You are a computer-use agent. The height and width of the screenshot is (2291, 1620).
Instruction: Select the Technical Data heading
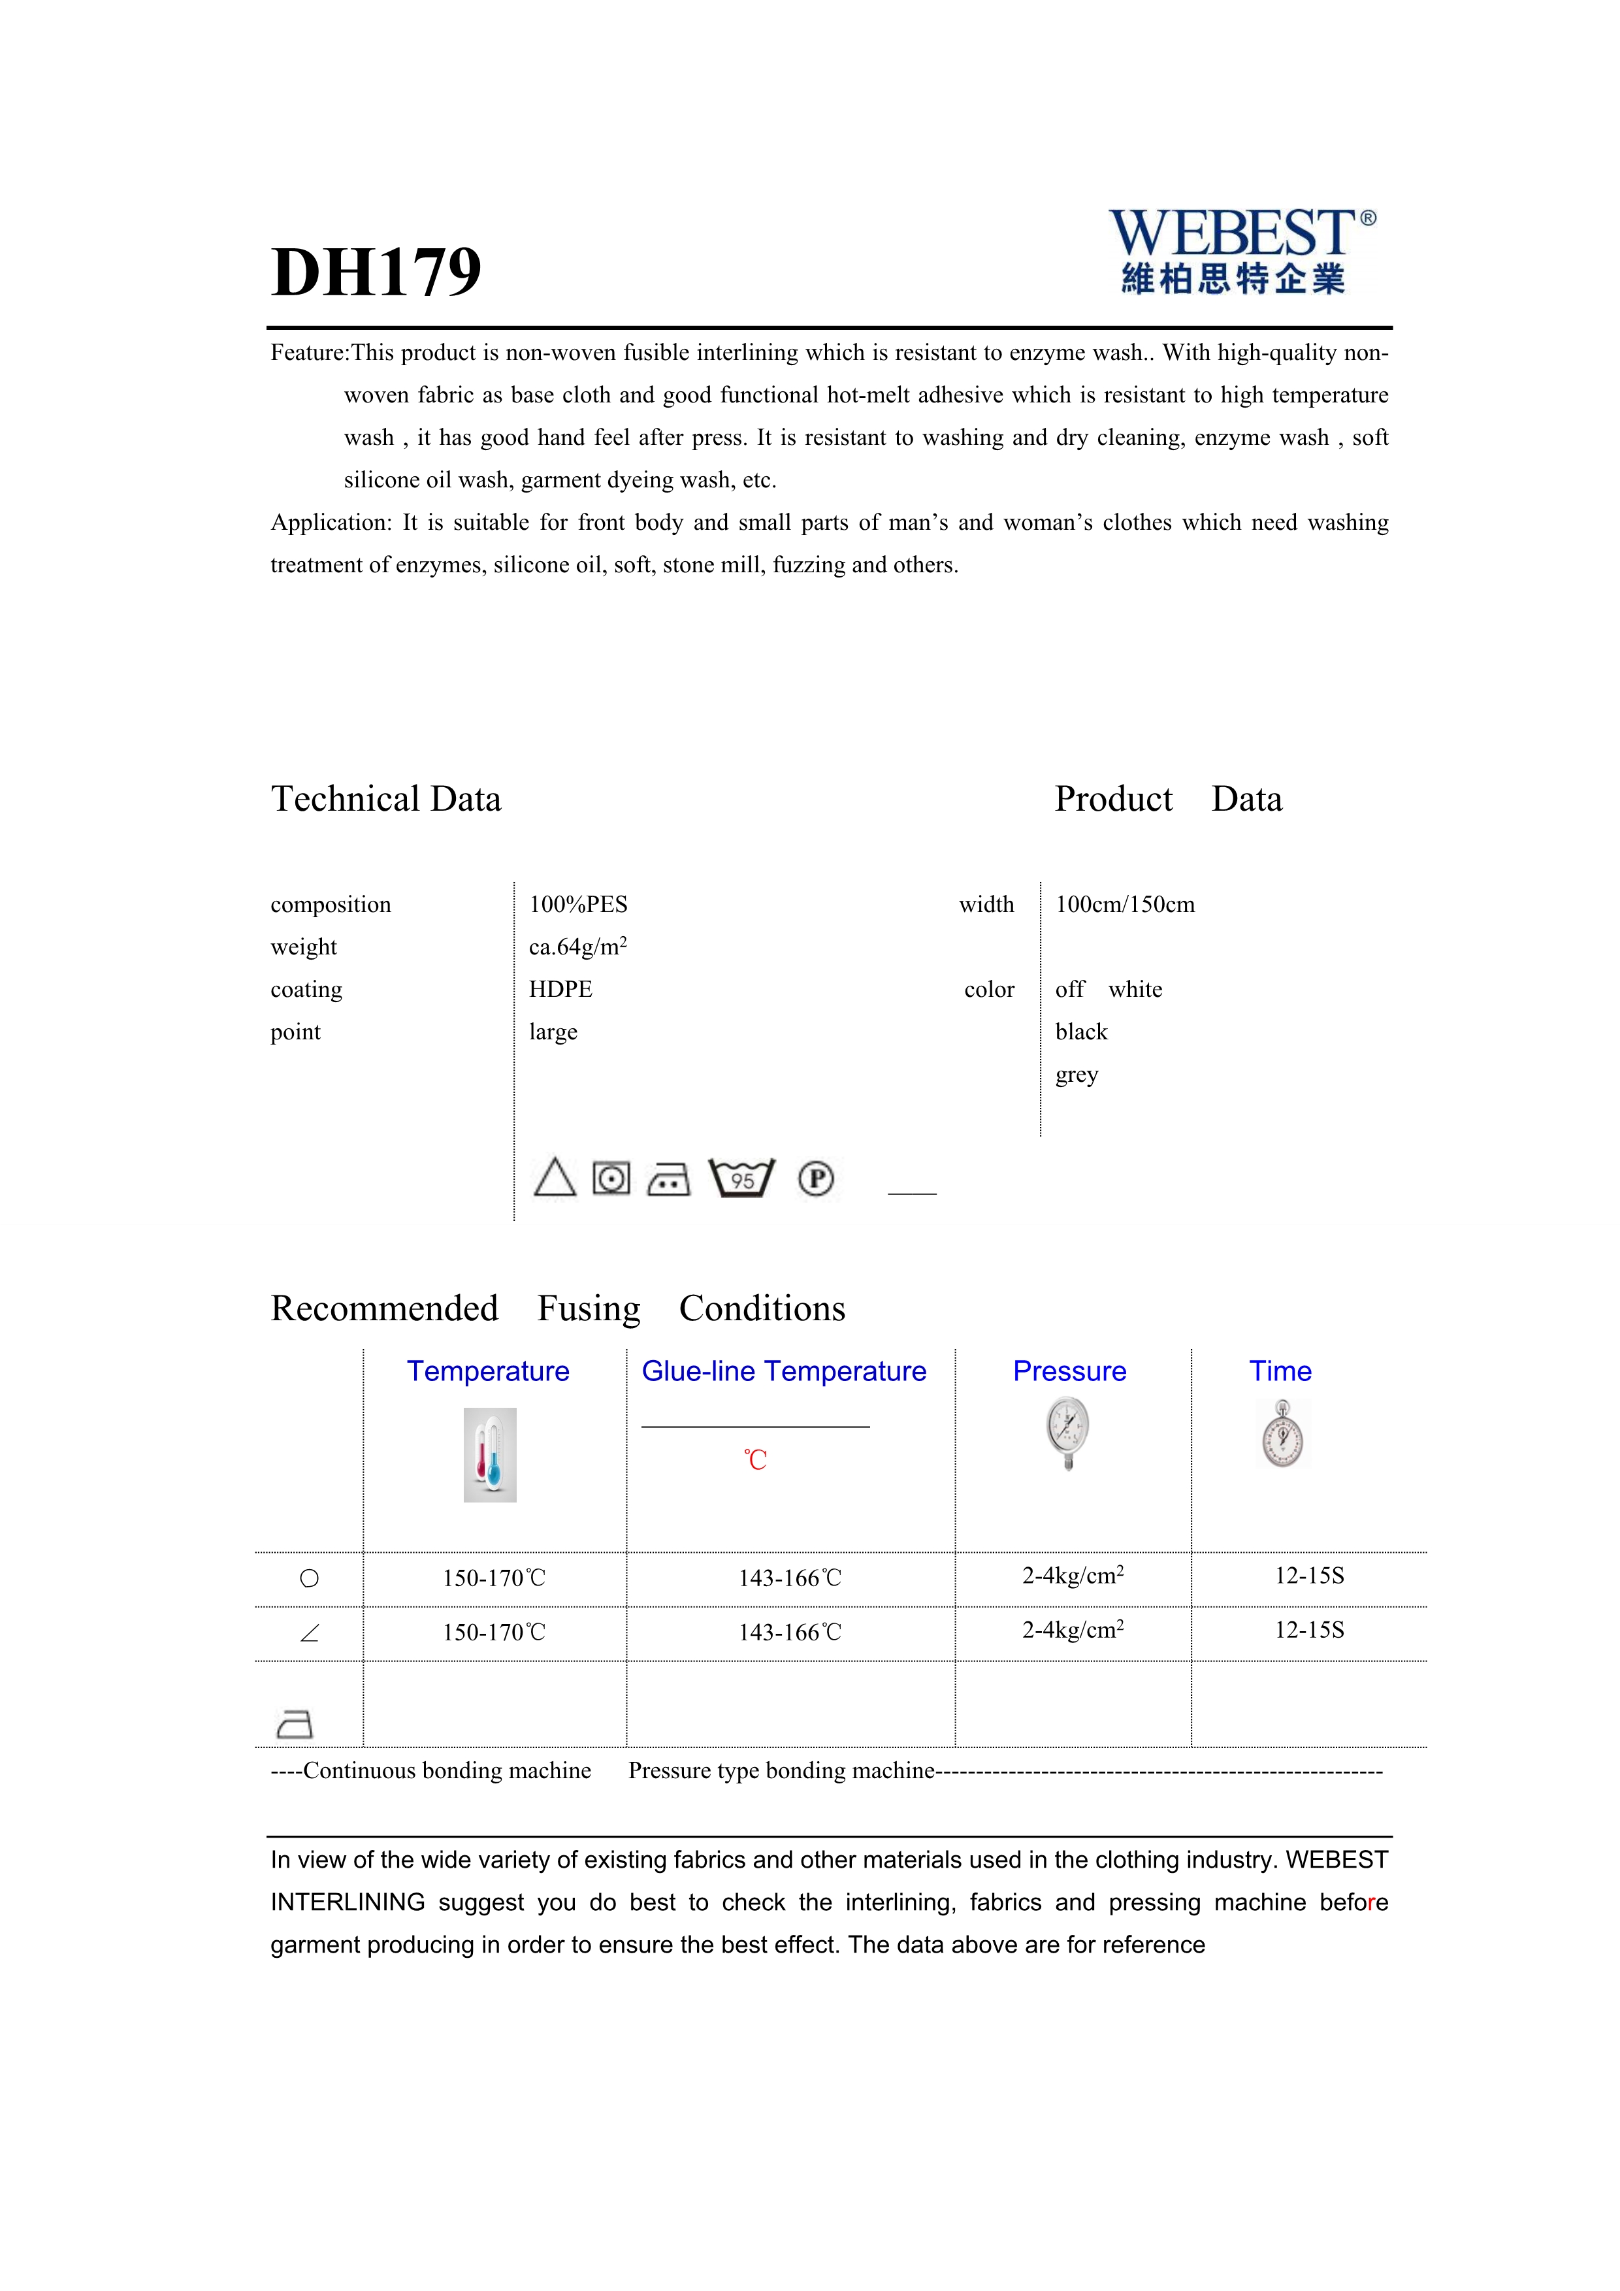[x=386, y=799]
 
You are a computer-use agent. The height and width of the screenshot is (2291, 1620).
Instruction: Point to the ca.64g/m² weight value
[x=577, y=947]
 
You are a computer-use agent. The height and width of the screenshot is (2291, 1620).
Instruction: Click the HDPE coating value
[x=560, y=989]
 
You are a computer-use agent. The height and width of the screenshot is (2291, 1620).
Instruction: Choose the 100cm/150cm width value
[x=1124, y=905]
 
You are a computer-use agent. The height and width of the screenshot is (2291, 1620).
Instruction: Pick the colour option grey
[x=1077, y=1075]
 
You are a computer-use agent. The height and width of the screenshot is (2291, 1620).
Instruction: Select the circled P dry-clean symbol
[x=816, y=1178]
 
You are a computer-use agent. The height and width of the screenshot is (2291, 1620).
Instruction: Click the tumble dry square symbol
[x=611, y=1178]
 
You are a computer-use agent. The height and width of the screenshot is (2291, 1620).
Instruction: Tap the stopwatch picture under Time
[x=1282, y=1435]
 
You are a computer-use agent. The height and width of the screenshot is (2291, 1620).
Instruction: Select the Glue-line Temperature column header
[x=784, y=1371]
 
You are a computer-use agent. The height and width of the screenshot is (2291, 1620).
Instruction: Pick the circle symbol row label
[x=309, y=1578]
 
